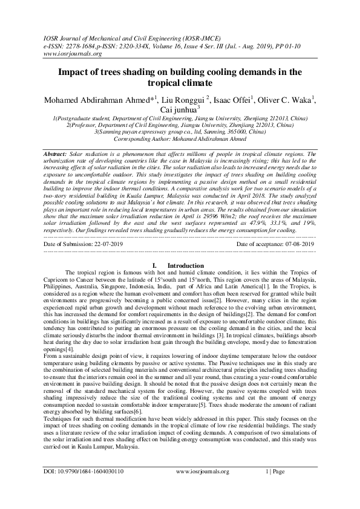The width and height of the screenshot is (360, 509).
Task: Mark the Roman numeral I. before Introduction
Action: click(x=155, y=265)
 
